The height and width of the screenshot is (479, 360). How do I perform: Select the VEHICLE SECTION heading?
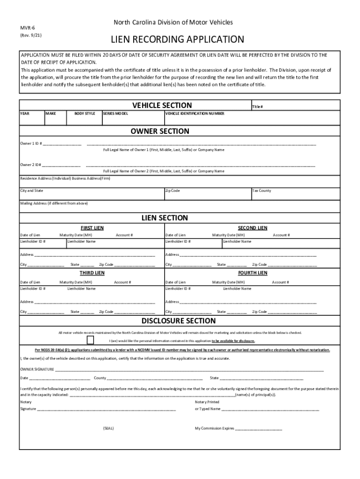(x=162, y=105)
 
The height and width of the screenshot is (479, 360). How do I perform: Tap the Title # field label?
(x=258, y=107)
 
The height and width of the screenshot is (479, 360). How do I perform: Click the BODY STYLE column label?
(x=85, y=114)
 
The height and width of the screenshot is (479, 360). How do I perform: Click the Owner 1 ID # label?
(x=31, y=143)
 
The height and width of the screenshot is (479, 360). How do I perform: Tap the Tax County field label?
(x=262, y=191)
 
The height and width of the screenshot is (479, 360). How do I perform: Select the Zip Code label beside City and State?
(x=173, y=191)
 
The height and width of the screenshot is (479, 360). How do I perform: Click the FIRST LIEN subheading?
(x=93, y=228)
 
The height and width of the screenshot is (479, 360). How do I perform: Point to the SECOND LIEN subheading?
(x=252, y=228)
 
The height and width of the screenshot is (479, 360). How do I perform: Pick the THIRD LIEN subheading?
(x=93, y=273)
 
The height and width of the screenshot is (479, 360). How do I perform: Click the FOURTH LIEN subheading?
(x=252, y=273)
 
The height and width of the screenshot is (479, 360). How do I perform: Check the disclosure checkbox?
(x=90, y=340)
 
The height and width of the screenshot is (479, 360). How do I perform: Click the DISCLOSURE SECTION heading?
(x=179, y=321)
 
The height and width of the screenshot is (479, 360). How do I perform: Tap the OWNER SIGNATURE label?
(x=37, y=369)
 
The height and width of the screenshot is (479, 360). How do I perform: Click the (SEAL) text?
(x=108, y=428)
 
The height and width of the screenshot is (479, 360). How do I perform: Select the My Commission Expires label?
(x=214, y=428)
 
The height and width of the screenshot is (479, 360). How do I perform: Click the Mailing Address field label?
(x=54, y=203)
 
